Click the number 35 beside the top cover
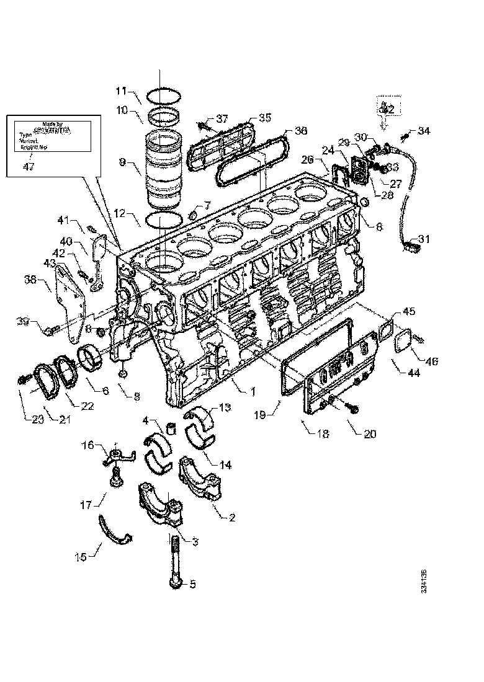click(265, 117)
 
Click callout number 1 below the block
click(253, 391)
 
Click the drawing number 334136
click(424, 579)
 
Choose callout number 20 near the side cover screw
click(369, 434)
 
